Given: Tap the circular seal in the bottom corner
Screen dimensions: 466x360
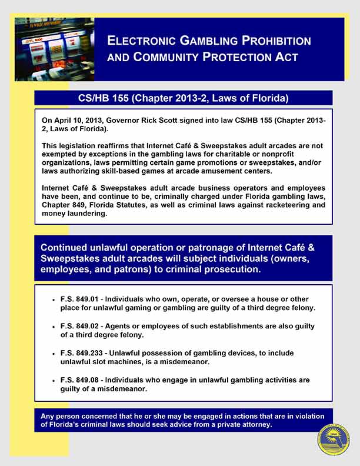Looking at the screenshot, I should click(334, 440).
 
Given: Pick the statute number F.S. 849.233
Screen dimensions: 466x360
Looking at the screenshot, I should click(82, 353).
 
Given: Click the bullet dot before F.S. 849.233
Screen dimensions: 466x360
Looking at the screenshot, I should click(54, 353).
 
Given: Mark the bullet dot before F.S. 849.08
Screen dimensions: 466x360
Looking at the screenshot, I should click(54, 380).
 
